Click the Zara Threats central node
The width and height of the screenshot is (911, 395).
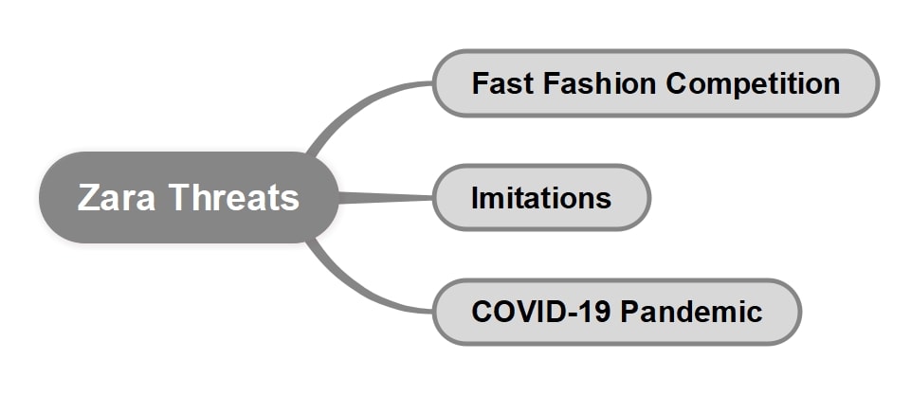(x=188, y=198)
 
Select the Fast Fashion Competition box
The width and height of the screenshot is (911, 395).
(x=655, y=83)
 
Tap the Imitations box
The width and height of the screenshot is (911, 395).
(x=541, y=198)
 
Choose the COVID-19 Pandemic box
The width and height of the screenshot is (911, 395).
(x=617, y=312)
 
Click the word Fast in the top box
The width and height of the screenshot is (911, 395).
(x=503, y=83)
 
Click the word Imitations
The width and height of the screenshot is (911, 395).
(x=541, y=198)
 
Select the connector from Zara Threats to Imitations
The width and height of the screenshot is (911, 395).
(x=384, y=198)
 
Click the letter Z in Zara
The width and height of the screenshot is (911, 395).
(x=87, y=198)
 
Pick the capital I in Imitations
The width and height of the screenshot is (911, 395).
(x=476, y=198)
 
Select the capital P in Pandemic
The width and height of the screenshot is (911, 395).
(x=629, y=312)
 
